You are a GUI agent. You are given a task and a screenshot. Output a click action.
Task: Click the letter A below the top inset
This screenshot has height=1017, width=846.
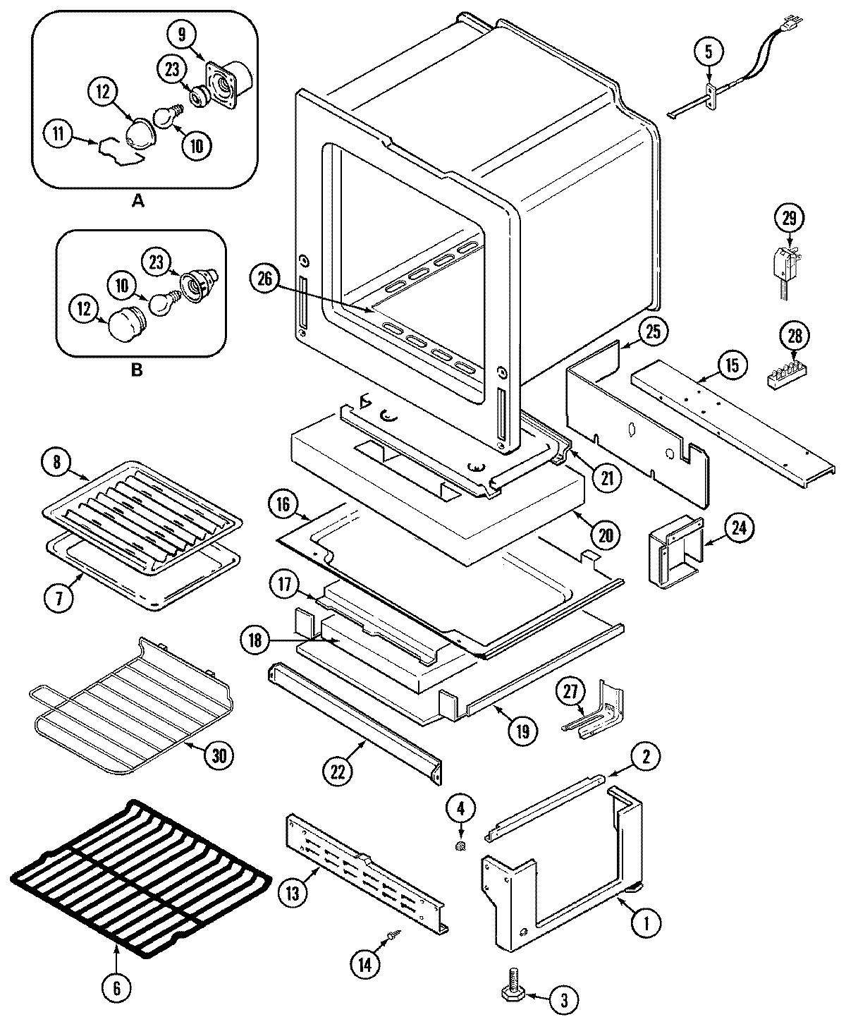138,201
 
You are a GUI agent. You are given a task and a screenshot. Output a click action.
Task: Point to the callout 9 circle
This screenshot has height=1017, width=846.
181,32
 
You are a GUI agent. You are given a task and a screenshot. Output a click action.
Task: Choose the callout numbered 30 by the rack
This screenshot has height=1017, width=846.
219,755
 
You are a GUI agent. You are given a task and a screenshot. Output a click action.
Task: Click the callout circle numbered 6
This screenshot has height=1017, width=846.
117,988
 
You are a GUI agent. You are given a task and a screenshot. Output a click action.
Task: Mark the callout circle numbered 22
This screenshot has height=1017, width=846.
338,771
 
